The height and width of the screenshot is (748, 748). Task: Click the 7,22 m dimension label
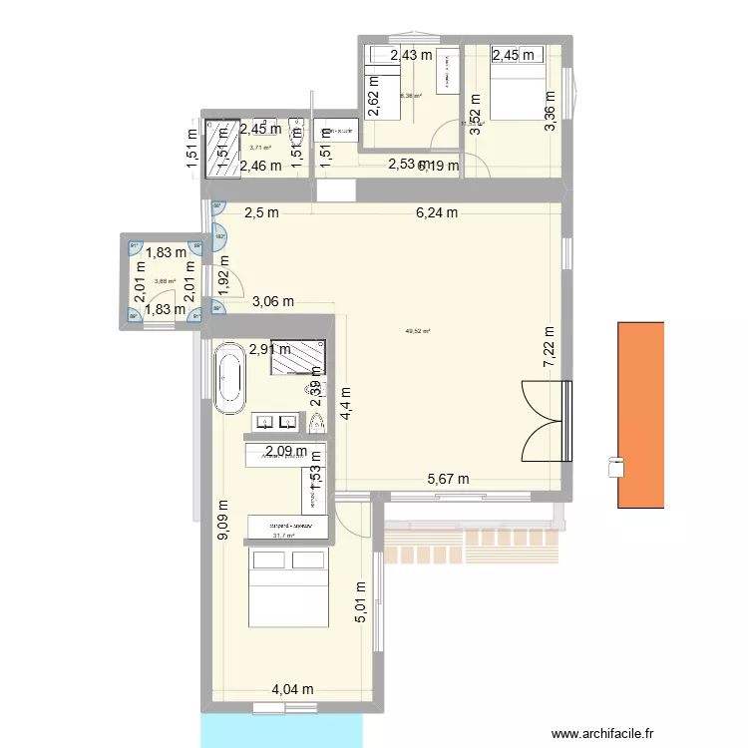coord(548,346)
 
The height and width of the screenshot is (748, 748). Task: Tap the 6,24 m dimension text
coord(437,212)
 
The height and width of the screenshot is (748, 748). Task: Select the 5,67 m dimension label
coord(448,479)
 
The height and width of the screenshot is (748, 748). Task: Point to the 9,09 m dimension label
coord(222,521)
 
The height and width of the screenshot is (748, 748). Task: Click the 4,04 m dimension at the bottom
coord(294,689)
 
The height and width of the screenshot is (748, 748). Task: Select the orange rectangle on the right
coord(640,414)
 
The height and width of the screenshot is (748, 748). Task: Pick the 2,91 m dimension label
coord(270,349)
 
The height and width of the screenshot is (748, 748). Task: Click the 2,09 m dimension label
coord(285,452)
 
